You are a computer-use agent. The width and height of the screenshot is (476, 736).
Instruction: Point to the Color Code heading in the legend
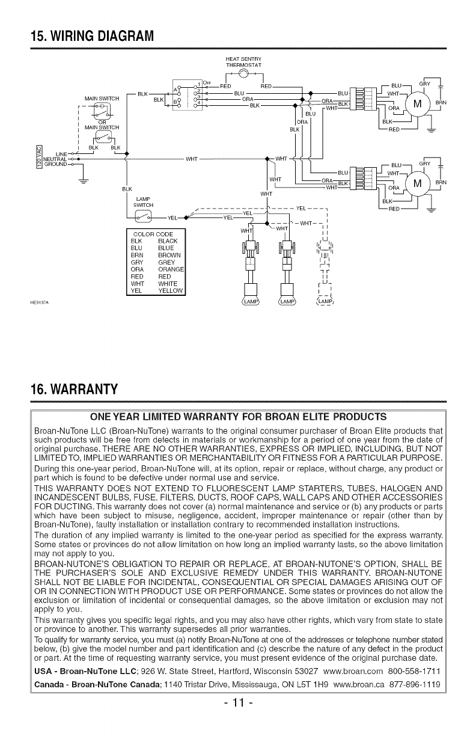(x=153, y=233)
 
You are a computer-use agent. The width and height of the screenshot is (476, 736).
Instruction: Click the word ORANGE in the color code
(x=171, y=268)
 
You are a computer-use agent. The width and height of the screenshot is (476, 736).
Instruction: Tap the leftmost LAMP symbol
(x=248, y=301)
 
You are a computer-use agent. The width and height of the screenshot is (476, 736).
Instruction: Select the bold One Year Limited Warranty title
(x=237, y=416)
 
